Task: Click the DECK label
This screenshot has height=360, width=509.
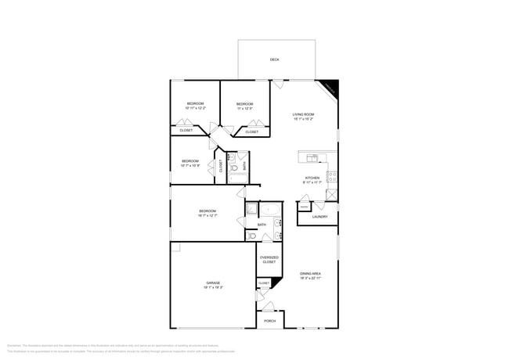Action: [x=274, y=59]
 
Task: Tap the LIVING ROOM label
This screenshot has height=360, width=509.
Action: [x=304, y=114]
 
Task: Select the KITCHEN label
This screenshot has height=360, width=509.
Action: [x=312, y=178]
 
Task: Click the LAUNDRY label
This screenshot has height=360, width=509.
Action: [x=319, y=217]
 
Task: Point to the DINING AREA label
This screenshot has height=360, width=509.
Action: [x=311, y=274]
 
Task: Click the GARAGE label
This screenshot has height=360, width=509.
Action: [x=213, y=283]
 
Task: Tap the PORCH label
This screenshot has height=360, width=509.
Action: [x=269, y=321]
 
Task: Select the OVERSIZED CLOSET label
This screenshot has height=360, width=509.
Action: [x=269, y=260]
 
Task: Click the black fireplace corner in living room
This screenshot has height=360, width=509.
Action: [x=331, y=87]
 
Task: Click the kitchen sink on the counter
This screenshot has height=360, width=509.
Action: [x=312, y=158]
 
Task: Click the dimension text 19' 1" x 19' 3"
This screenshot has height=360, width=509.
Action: [x=213, y=287]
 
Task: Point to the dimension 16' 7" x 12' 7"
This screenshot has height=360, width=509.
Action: [x=208, y=215]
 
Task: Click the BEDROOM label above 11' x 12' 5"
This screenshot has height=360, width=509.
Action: [x=245, y=104]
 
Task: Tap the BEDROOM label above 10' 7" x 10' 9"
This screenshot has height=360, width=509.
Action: [x=190, y=160]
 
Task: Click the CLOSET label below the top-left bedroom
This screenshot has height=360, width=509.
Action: [x=186, y=131]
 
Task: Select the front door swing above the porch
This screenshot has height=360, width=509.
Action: [x=269, y=307]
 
